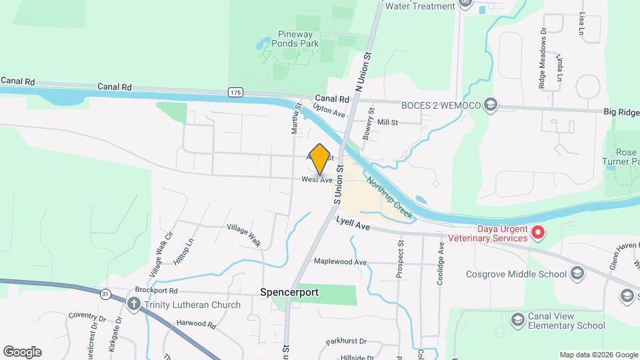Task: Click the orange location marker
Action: point(320,159)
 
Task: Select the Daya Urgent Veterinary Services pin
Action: point(538,233)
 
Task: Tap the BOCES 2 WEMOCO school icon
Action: point(491,105)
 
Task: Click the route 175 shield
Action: point(235,92)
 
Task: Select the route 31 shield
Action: point(105,293)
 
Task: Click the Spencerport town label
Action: point(289,292)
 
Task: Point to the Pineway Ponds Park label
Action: point(298,39)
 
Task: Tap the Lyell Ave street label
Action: point(353,226)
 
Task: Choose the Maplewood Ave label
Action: point(340,262)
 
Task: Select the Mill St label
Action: point(387,123)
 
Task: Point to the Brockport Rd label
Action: point(156,291)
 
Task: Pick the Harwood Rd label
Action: point(197,325)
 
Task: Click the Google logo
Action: point(22,352)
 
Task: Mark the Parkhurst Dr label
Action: point(347,341)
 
